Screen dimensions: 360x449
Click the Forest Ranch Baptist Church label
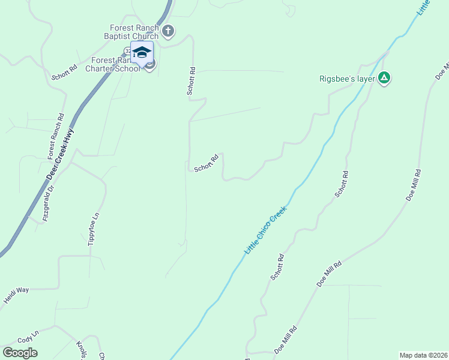pos(134,32)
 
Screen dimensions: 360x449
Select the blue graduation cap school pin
pos(142,53)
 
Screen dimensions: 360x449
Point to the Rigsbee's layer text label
pos(347,78)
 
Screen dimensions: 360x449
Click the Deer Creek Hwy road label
pos(60,154)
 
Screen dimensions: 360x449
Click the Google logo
pos(20,353)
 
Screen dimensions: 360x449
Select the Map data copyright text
pos(423,355)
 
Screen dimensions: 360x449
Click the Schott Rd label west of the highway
pos(65,73)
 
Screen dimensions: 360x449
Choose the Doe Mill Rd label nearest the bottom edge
pos(286,340)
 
